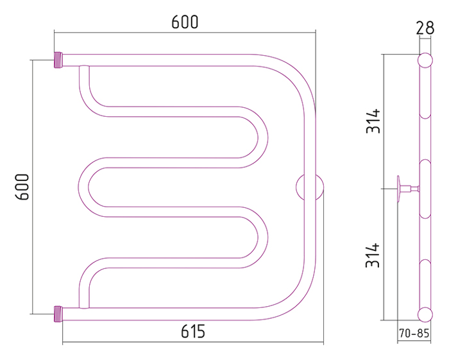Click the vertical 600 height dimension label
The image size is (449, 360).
click(x=22, y=187)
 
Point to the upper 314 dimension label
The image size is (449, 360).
click(x=373, y=121)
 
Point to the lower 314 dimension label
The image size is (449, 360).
click(x=373, y=256)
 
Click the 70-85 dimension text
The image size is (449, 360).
click(x=414, y=333)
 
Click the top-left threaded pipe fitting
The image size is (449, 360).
click(x=58, y=60)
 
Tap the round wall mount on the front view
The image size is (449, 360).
click(x=309, y=187)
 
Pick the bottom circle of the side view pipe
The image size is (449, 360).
click(x=425, y=314)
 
